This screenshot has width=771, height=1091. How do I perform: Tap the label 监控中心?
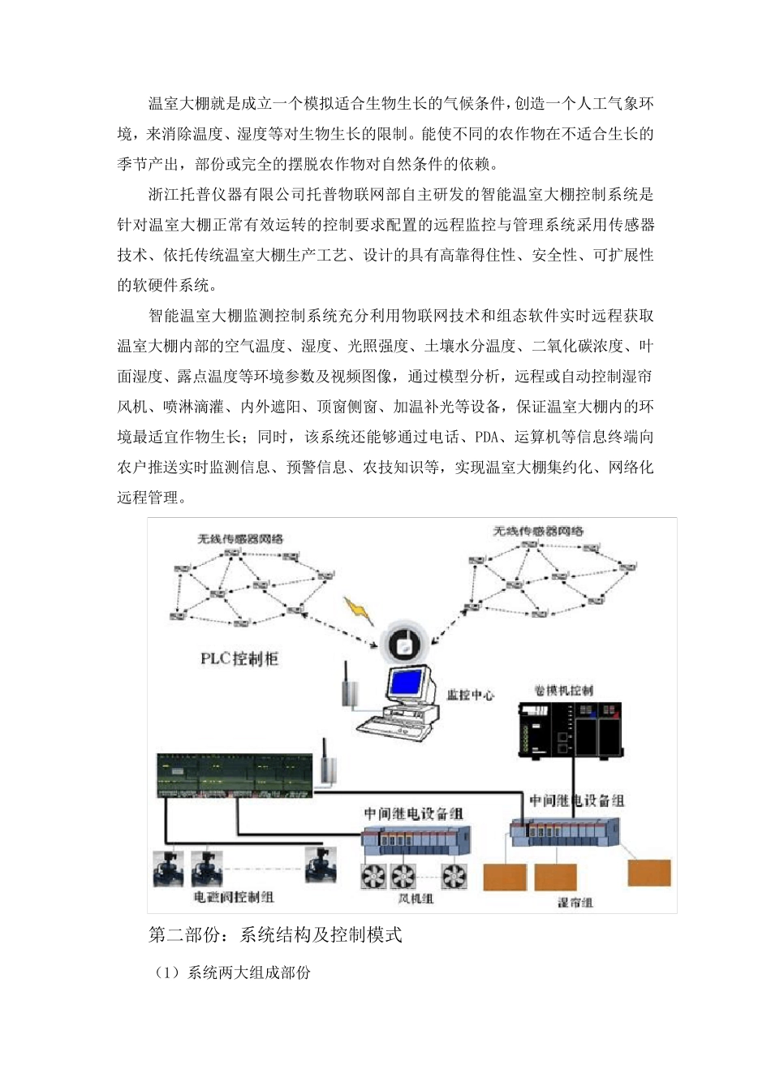pyautogui.click(x=470, y=696)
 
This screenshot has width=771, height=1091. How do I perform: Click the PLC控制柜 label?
pyautogui.click(x=239, y=658)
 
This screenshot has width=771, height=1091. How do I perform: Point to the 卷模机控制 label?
pyautogui.click(x=563, y=690)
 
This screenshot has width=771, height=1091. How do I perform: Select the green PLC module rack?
pyautogui.click(x=234, y=775)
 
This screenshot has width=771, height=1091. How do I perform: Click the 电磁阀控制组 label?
pyautogui.click(x=233, y=897)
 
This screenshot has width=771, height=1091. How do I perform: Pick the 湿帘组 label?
pyautogui.click(x=575, y=902)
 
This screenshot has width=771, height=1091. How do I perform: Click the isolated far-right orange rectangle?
pyautogui.click(x=649, y=873)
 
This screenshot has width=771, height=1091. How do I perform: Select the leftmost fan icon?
pyautogui.click(x=375, y=875)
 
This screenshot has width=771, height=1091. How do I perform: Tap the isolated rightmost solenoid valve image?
pyautogui.click(x=320, y=865)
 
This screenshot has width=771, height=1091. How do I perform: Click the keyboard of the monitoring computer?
pyautogui.click(x=388, y=724)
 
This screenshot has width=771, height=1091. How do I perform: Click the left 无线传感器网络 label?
pyautogui.click(x=240, y=538)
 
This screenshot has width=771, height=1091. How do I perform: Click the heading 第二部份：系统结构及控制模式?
pyautogui.click(x=275, y=935)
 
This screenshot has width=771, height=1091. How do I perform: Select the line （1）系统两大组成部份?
pyautogui.click(x=233, y=972)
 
